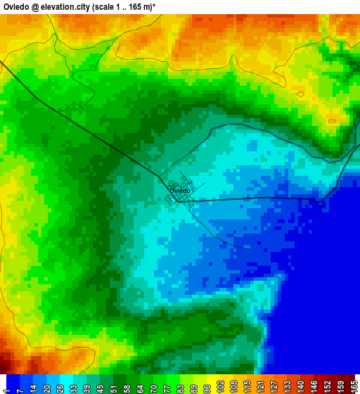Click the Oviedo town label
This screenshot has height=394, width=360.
(179, 191)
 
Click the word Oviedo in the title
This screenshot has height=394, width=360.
(19, 6)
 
